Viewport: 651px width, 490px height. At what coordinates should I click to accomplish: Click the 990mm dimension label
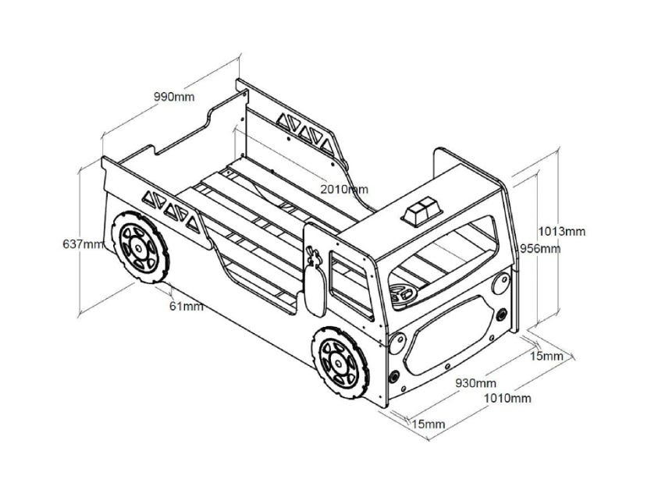coord(174,97)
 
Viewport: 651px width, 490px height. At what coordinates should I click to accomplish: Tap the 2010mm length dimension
coord(344,189)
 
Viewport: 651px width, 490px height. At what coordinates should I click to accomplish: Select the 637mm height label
coord(83,244)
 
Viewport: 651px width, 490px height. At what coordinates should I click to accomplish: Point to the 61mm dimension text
coord(187,306)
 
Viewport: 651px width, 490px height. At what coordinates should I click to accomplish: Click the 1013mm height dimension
coord(562,232)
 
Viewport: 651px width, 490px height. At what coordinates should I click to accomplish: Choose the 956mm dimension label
coord(540,249)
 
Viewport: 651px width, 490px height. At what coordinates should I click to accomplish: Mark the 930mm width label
coord(476,383)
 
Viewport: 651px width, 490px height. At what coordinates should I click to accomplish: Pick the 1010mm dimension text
coord(507,398)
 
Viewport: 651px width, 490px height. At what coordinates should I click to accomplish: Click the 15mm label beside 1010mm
coord(429,424)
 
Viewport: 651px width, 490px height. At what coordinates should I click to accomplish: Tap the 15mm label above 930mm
coord(546,356)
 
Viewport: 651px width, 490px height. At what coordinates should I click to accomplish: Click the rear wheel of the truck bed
coord(140,247)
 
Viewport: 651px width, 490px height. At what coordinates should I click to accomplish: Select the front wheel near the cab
coord(340,363)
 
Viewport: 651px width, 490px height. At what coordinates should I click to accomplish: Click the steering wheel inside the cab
coord(403,293)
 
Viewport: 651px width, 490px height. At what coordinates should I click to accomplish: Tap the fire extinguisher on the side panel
coord(315,282)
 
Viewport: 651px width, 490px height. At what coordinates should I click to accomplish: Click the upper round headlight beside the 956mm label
coord(500,285)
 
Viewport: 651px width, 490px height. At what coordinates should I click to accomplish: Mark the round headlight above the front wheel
coord(397,343)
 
